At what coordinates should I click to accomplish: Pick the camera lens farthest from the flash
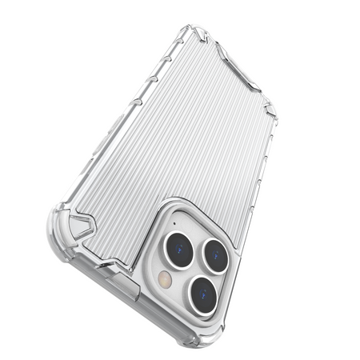(216, 256)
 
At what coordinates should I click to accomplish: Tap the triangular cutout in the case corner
(80, 226)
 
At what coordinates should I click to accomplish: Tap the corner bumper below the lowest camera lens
(200, 336)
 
